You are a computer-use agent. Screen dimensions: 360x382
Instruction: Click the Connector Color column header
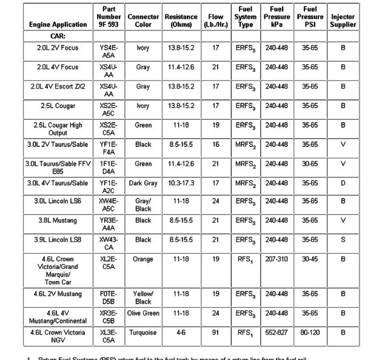[143, 21]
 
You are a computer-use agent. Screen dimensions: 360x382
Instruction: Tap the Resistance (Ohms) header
[181, 21]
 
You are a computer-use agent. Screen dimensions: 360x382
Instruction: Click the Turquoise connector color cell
[143, 333]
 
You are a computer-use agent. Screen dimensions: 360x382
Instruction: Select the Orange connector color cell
[143, 259]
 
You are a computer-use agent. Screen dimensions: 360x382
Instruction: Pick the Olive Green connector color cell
[143, 313]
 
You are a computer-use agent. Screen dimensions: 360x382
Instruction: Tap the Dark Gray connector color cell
[143, 183]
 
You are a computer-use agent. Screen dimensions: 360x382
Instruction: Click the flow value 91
[215, 333]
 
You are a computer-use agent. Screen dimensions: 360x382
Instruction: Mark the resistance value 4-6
[181, 333]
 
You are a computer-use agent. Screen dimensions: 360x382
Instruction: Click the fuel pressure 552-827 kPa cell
[276, 333]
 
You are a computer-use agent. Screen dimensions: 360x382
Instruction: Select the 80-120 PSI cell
[310, 333]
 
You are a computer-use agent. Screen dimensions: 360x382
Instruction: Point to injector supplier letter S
[343, 240]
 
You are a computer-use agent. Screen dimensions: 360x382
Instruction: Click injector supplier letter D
[343, 183]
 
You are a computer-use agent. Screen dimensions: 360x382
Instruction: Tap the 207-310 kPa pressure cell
[276, 259]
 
